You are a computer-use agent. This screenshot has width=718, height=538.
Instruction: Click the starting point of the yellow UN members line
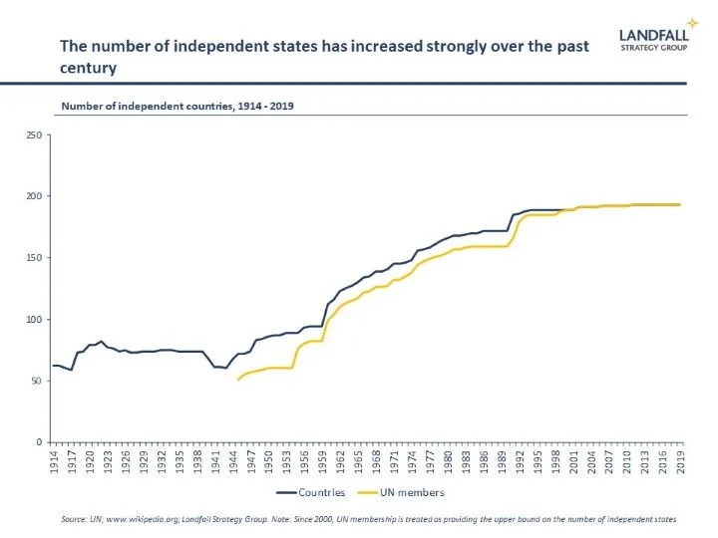tap(237, 380)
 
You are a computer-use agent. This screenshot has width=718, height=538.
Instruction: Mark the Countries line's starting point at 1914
tap(54, 366)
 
